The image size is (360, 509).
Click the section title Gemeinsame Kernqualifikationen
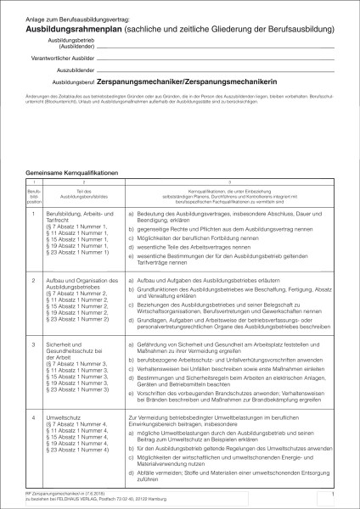pyautogui.click(x=72, y=172)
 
